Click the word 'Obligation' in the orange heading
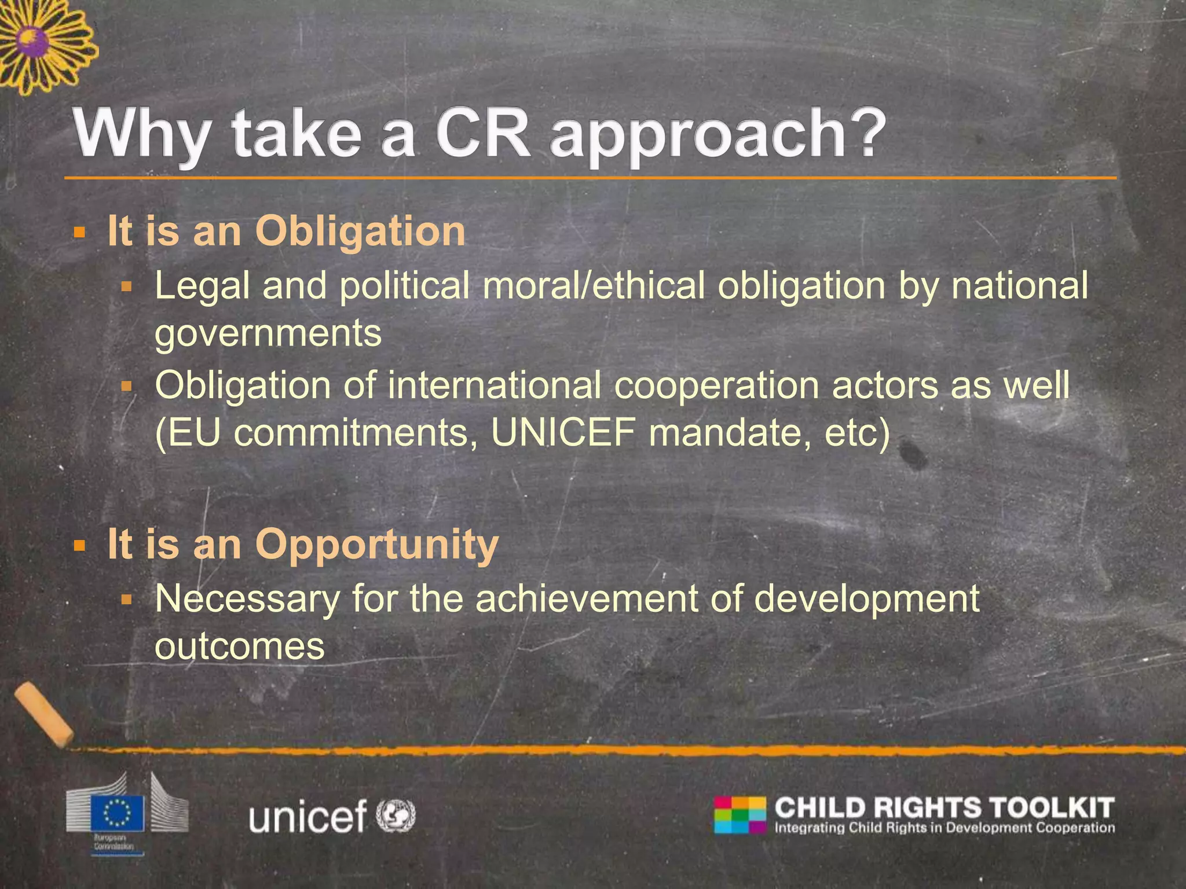click(360, 232)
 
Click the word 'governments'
click(268, 334)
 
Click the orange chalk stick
click(43, 714)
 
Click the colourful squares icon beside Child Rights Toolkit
click(740, 815)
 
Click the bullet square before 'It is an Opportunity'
click(80, 545)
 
